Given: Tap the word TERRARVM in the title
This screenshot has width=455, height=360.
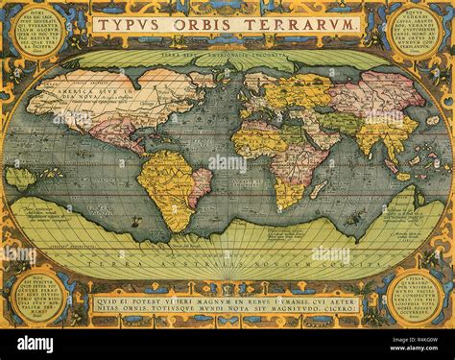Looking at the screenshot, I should [x=301, y=23].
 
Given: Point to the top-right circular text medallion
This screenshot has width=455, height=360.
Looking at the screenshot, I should [x=416, y=29].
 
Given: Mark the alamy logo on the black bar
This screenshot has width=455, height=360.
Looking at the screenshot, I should [x=35, y=343].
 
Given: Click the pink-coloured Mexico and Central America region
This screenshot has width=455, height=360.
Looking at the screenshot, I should [x=119, y=134].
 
